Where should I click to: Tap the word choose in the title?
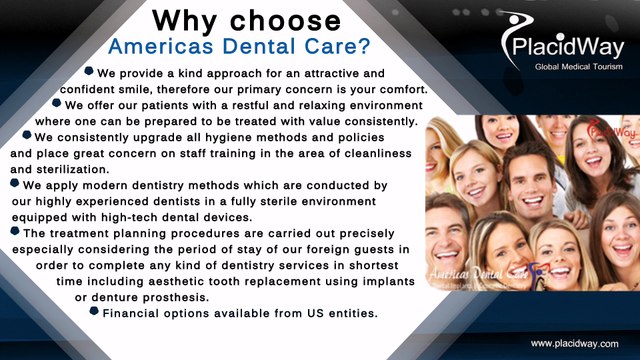pos(285,19)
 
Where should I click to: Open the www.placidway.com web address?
pos(575,343)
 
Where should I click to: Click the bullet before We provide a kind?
pos(90,72)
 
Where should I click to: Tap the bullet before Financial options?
pos(94,312)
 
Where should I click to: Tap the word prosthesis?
pos(174,298)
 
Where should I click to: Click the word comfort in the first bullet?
pos(401,89)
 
